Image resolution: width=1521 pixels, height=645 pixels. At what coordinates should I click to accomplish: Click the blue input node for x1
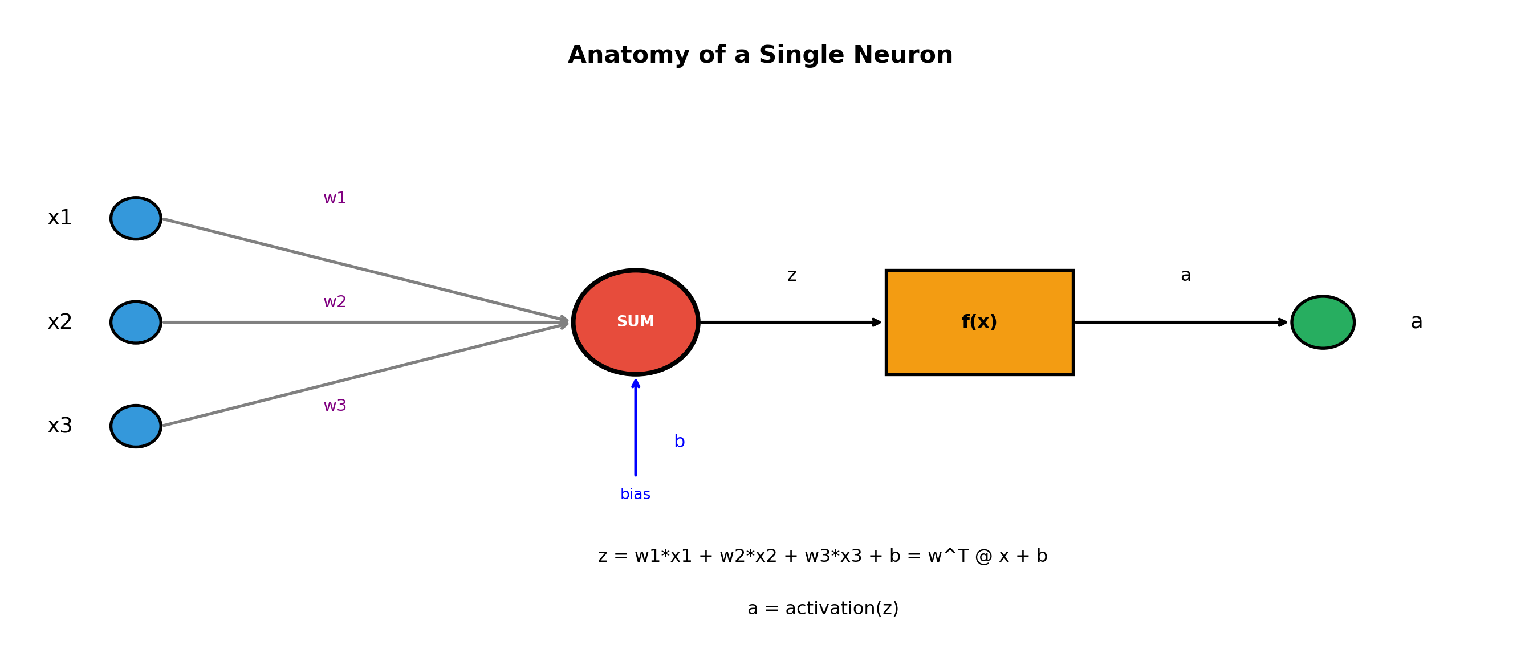[x=136, y=218]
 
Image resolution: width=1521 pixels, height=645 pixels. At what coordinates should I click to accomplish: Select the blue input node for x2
[x=136, y=322]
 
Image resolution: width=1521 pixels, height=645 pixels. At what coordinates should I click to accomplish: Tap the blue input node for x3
[x=136, y=426]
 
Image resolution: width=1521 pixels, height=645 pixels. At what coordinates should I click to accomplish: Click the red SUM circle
[x=635, y=322]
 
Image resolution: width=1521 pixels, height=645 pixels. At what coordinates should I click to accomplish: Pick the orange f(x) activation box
[x=979, y=322]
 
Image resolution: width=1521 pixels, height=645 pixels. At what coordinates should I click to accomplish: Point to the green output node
[x=1323, y=322]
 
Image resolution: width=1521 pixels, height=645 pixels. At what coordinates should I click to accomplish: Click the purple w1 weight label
[x=335, y=198]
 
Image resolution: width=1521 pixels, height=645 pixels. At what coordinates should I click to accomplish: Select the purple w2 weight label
[x=335, y=302]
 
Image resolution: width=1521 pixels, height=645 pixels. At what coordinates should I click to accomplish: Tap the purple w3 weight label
[x=335, y=406]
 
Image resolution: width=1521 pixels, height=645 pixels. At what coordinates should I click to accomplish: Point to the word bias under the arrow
[x=635, y=495]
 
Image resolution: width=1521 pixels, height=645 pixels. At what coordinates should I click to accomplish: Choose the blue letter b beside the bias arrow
[x=679, y=442]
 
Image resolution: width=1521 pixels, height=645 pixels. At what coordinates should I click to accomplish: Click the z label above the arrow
[x=792, y=276]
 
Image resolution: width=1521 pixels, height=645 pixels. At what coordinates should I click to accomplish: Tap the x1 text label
[x=60, y=218]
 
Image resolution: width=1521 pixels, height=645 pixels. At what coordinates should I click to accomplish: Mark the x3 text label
[x=60, y=426]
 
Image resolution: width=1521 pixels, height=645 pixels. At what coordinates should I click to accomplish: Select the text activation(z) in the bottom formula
[x=841, y=609]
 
